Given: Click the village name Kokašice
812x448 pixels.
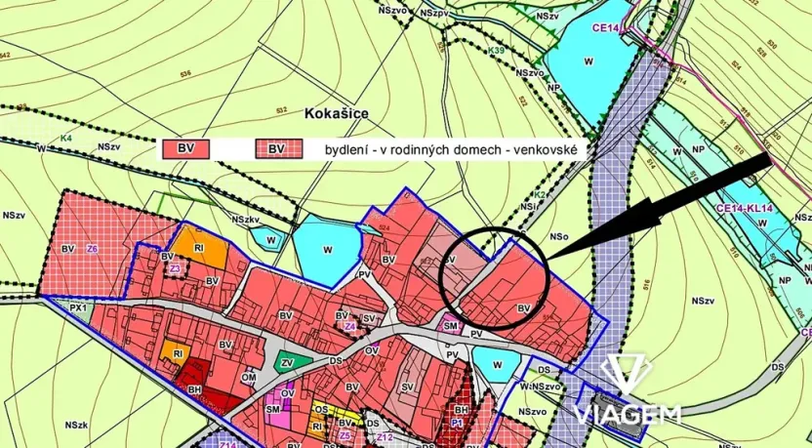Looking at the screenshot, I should [x=336, y=114].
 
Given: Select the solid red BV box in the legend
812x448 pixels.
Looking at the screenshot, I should [x=185, y=148].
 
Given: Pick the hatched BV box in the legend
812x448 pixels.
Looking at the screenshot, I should [x=277, y=148].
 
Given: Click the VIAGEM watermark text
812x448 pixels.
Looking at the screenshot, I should [x=628, y=414].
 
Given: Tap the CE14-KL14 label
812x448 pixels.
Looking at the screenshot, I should [x=744, y=207].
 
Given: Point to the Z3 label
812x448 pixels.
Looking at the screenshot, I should [x=176, y=267].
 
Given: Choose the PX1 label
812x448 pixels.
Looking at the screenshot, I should [x=79, y=307].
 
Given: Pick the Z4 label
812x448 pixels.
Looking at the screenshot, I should [x=348, y=326].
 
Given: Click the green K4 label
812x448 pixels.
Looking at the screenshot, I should [x=67, y=138].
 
